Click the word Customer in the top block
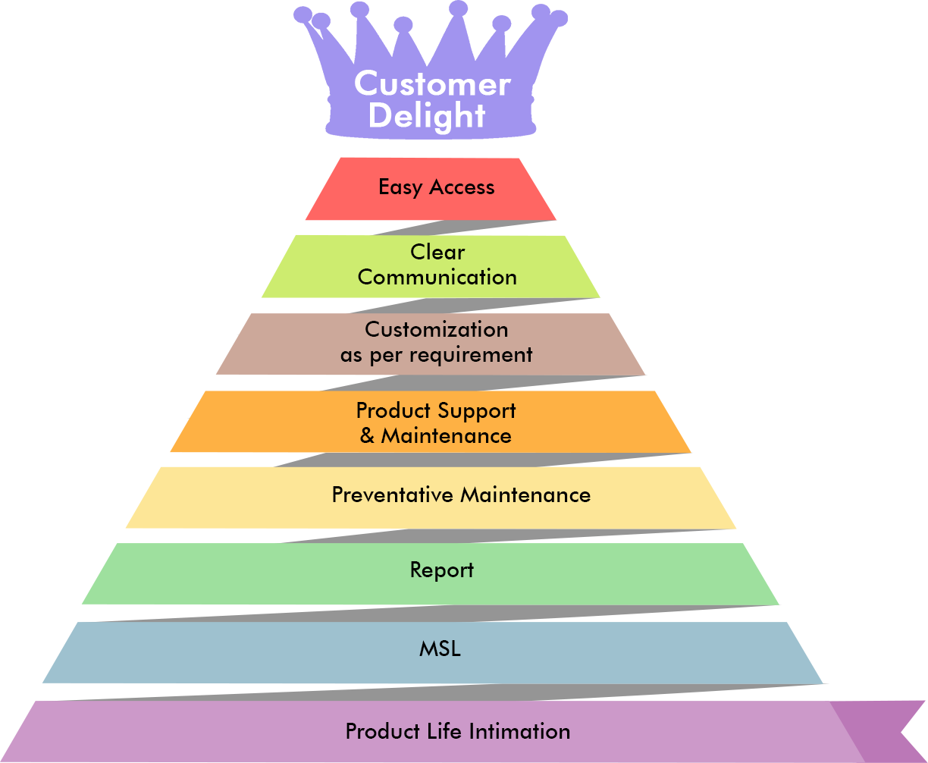pyautogui.click(x=432, y=83)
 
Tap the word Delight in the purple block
pyautogui.click(x=427, y=116)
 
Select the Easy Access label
pyautogui.click(x=436, y=187)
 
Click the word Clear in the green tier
pyautogui.click(x=437, y=252)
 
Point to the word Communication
pyautogui.click(x=437, y=277)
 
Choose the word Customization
pyautogui.click(x=437, y=330)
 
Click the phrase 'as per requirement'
pyautogui.click(x=437, y=355)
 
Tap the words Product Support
pyautogui.click(x=436, y=411)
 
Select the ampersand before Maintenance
pyautogui.click(x=368, y=436)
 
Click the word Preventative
pyautogui.click(x=393, y=495)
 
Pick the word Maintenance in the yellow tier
pyautogui.click(x=525, y=495)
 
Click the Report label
pyautogui.click(x=442, y=570)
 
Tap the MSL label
pyautogui.click(x=440, y=649)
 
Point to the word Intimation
pyautogui.click(x=519, y=732)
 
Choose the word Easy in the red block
pyautogui.click(x=400, y=188)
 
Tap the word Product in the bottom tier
pyautogui.click(x=382, y=732)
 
